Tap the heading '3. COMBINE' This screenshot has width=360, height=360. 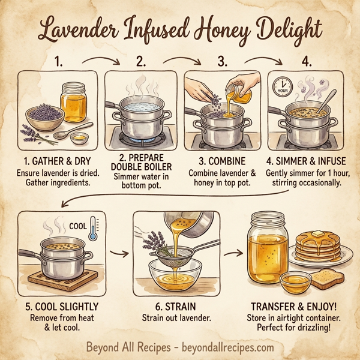click(216, 161)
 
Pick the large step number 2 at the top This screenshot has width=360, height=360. click(141, 61)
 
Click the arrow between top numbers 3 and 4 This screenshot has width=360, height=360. click(262, 59)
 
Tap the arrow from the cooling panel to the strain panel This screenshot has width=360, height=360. click(117, 253)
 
